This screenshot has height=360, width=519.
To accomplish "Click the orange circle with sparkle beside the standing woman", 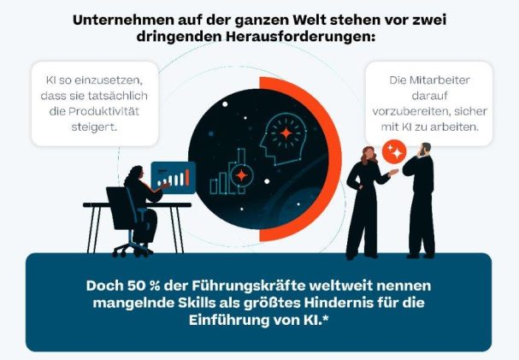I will [394, 150].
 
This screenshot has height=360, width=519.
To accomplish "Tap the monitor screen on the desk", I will [173, 178].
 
